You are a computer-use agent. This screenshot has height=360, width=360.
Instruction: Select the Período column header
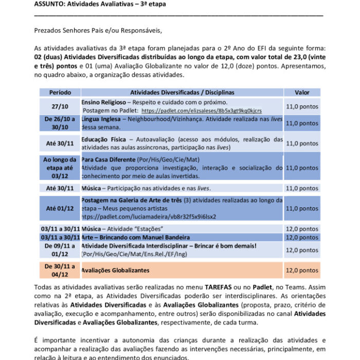60,93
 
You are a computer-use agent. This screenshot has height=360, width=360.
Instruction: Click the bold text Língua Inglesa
101,119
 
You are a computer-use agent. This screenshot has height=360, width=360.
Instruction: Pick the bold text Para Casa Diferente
112,160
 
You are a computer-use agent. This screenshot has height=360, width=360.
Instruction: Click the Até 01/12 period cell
60,208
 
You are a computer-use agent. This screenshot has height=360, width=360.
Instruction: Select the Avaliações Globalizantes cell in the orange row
116,270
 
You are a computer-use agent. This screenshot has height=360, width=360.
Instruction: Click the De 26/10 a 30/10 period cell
60,123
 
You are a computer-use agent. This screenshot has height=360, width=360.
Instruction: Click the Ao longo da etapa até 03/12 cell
60,168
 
